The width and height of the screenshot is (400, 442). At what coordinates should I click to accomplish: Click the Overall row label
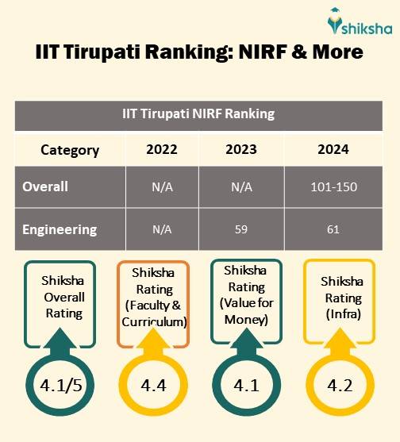(45, 187)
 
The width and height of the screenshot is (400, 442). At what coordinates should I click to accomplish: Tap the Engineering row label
(60, 229)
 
